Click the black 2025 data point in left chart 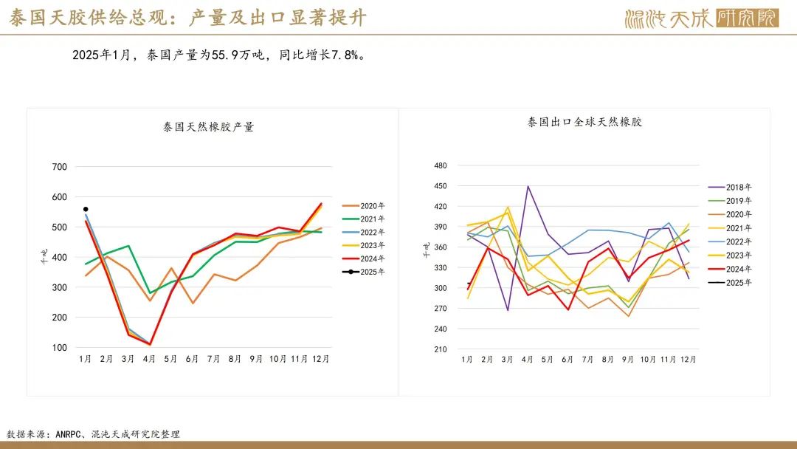(86, 209)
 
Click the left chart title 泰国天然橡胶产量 (208, 127)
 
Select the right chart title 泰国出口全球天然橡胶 (584, 122)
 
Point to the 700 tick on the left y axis (59, 167)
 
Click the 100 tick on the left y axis (59, 347)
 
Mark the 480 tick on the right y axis (441, 166)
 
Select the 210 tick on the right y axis (441, 349)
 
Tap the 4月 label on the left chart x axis (149, 359)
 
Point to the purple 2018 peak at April (528, 186)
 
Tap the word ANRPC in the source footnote (70, 434)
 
